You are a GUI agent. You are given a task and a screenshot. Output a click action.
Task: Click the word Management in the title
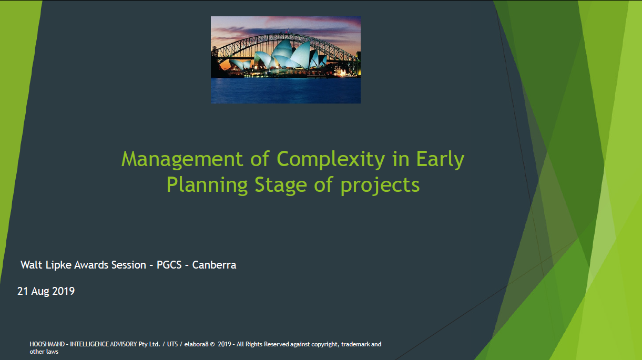tap(182, 159)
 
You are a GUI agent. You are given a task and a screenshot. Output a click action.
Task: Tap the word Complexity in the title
tap(330, 159)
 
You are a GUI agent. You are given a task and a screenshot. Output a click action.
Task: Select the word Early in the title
tap(440, 159)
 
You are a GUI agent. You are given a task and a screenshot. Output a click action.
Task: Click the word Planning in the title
tap(207, 186)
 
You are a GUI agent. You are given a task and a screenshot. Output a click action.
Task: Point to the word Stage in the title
tap(281, 186)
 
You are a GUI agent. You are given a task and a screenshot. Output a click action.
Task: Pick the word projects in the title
tap(380, 186)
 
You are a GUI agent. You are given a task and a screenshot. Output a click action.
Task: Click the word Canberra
tap(214, 265)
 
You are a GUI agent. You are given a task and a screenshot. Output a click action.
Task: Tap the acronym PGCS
tap(169, 265)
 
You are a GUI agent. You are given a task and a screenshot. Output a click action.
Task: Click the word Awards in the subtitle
tap(91, 265)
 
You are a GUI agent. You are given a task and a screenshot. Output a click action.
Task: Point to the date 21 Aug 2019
tap(46, 291)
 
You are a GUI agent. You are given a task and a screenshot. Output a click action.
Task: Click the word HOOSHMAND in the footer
tap(47, 344)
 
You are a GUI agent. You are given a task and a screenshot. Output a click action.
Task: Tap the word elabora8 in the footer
tap(196, 344)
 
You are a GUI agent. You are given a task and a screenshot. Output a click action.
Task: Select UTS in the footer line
tap(172, 344)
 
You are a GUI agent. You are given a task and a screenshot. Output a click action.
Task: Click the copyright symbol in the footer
tap(212, 345)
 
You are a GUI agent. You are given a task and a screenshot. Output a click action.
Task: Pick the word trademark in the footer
tap(355, 344)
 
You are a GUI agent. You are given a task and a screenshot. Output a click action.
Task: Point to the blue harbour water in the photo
tap(286, 90)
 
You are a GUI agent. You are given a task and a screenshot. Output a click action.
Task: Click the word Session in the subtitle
tap(129, 265)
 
